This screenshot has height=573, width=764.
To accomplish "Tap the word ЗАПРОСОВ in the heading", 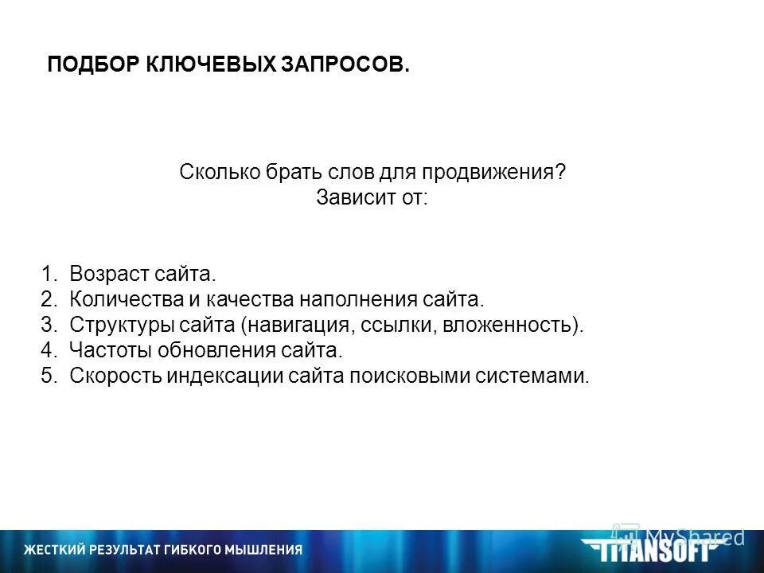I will [x=345, y=65].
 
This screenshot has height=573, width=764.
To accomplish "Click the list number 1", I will [x=48, y=275].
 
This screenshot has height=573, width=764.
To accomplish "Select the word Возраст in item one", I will [x=109, y=275].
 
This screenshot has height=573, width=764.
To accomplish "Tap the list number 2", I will [x=48, y=300].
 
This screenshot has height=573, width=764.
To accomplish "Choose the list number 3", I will [x=48, y=325].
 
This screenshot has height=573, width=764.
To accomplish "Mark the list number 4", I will [x=48, y=350].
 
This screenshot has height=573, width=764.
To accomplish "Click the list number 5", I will [x=48, y=376].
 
